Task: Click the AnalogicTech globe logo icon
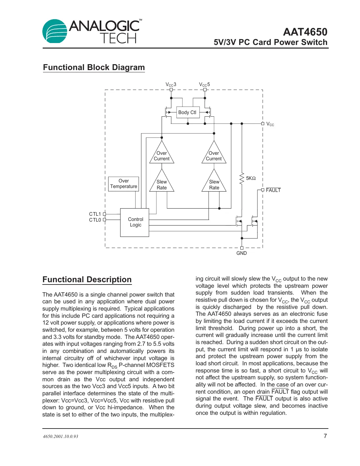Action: [55, 31]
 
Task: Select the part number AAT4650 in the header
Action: [305, 32]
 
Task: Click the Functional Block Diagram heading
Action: [94, 67]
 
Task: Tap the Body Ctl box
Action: [187, 112]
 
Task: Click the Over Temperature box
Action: [123, 184]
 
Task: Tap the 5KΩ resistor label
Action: [251, 178]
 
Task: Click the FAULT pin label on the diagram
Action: [273, 190]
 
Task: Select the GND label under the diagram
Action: [241, 253]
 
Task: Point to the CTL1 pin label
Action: [95, 214]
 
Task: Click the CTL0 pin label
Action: [95, 220]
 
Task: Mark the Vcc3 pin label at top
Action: [171, 85]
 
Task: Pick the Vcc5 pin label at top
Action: [205, 85]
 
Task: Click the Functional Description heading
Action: [87, 280]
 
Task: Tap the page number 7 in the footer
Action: [325, 436]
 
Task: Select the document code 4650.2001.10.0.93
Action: [61, 436]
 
